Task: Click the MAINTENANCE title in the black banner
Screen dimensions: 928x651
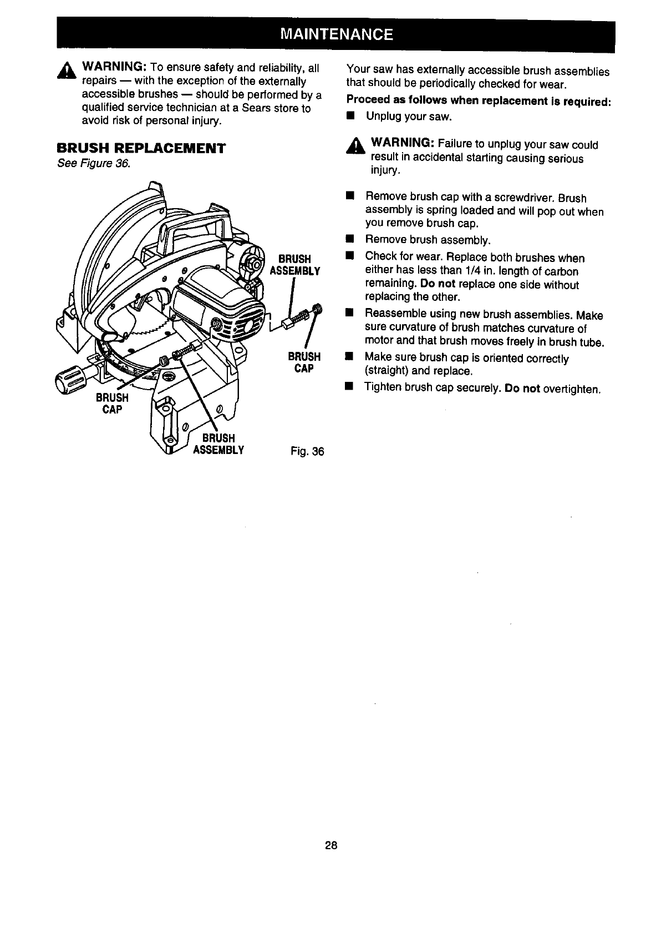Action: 337,35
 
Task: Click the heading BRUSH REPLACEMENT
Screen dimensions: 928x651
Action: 141,148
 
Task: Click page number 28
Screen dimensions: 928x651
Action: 332,846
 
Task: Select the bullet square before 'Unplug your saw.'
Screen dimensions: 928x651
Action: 350,117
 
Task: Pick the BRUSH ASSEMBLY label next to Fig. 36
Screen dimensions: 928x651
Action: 218,443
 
